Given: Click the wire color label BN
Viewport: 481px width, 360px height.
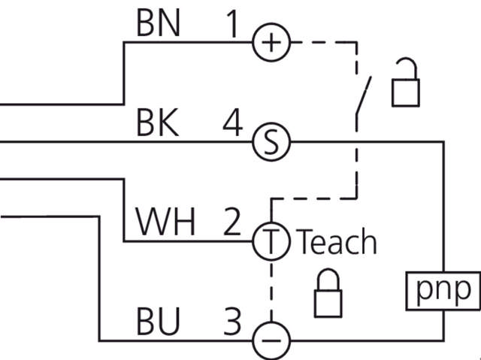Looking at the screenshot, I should pyautogui.click(x=158, y=24).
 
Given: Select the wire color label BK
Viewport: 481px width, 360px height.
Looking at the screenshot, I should pyautogui.click(x=158, y=123).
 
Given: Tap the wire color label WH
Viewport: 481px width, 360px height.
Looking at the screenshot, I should pyautogui.click(x=165, y=223).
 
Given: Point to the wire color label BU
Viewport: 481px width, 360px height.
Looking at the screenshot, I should pyautogui.click(x=158, y=322).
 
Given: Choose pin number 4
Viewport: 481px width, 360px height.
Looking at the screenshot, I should pyautogui.click(x=233, y=123).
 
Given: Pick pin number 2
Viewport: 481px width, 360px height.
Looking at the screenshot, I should pyautogui.click(x=233, y=223).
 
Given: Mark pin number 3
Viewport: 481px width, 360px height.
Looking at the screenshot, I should pyautogui.click(x=233, y=322).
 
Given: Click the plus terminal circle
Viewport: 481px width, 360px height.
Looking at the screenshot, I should pyautogui.click(x=270, y=42).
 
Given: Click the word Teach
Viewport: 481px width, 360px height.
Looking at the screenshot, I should pyautogui.click(x=337, y=242).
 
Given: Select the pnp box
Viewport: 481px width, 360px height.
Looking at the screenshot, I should pyautogui.click(x=446, y=289).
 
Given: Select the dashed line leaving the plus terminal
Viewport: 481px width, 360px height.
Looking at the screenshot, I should pyautogui.click(x=323, y=42).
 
